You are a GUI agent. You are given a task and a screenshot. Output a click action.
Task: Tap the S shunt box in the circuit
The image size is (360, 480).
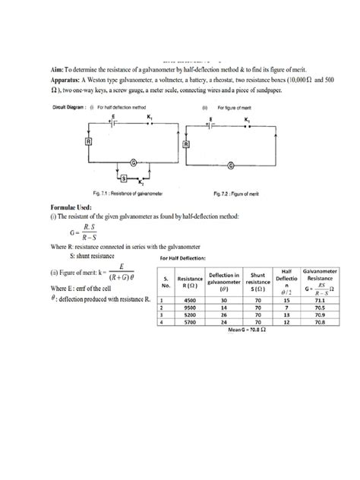coord(114,178)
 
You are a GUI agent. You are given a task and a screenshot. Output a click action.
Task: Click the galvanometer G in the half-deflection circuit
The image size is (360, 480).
coord(134,163)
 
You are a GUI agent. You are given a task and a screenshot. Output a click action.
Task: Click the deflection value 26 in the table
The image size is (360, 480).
coord(224,314)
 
